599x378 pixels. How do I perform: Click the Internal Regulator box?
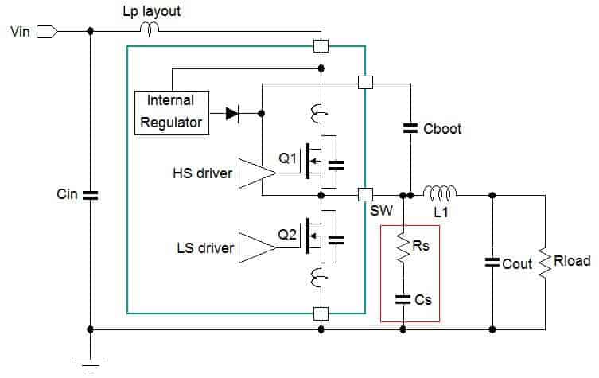tap(172, 113)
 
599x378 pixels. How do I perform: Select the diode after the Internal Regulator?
tap(232, 114)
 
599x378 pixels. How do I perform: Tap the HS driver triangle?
tap(257, 173)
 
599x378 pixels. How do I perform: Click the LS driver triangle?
tap(257, 248)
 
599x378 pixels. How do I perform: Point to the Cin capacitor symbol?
tap(91, 195)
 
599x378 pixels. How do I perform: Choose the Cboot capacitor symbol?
tap(410, 128)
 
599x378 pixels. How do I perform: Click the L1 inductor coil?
tap(440, 193)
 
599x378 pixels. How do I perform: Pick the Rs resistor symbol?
tap(403, 247)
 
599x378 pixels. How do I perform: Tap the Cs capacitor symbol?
tap(403, 300)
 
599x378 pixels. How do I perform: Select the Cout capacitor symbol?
tap(492, 263)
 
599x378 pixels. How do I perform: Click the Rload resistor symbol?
tap(545, 263)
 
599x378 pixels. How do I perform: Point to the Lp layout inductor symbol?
tap(150, 29)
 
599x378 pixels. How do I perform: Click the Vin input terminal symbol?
tap(48, 32)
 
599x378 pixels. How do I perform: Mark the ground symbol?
tap(91, 366)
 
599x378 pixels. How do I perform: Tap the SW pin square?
tap(365, 195)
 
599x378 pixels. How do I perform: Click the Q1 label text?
tap(287, 158)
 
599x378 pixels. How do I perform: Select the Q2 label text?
tap(287, 234)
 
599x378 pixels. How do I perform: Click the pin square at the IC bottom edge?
tap(321, 314)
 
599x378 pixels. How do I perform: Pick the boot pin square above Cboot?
tap(365, 83)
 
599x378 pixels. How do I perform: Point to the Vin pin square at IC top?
tap(321, 46)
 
